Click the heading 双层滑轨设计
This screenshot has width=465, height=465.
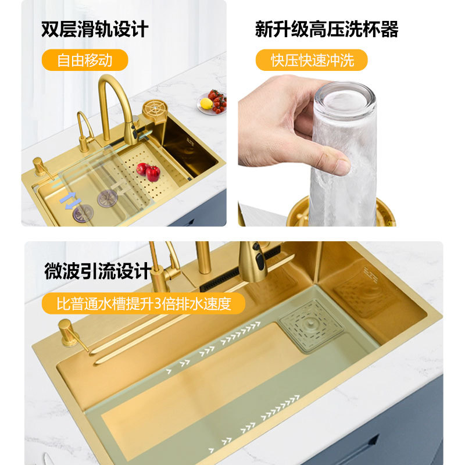[95, 29]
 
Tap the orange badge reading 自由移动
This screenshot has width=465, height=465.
[85, 60]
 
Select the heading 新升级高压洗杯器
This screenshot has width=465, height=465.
[327, 29]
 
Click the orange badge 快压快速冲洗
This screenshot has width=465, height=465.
[312, 60]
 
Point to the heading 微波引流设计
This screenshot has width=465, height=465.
[98, 271]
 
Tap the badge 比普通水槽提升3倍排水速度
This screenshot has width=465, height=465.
[144, 303]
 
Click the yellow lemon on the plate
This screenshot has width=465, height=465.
[206, 103]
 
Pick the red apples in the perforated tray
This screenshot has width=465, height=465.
[149, 171]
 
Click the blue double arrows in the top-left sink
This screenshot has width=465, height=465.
[70, 201]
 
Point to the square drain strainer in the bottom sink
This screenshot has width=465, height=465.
[311, 326]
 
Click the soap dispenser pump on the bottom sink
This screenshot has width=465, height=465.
[70, 334]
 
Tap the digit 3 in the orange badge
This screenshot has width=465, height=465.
[158, 303]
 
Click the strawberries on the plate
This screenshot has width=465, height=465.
[218, 101]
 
